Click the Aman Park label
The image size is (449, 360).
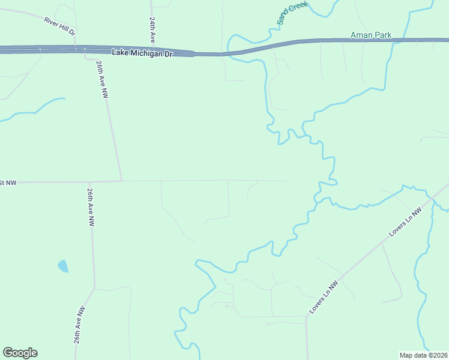click(x=371, y=35)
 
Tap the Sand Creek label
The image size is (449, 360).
click(x=292, y=13)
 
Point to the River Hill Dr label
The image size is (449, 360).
click(x=59, y=26)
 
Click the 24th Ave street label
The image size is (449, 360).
click(x=153, y=29)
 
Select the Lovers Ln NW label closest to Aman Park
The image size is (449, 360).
click(x=406, y=221)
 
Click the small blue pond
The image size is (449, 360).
click(x=63, y=266)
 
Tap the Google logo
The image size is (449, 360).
click(x=20, y=353)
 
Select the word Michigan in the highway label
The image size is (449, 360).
click(x=145, y=53)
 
